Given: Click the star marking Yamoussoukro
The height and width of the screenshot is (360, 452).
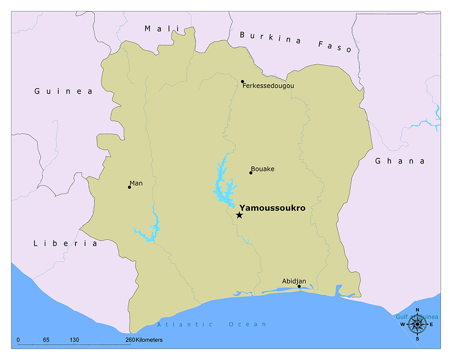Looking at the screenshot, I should (239, 215).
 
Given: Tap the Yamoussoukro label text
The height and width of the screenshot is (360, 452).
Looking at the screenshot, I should (272, 208).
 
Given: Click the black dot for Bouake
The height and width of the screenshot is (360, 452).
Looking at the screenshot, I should (251, 173).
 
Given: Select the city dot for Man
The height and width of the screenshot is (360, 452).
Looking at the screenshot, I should (129, 187).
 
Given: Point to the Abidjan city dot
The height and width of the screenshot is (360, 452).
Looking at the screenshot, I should (299, 286).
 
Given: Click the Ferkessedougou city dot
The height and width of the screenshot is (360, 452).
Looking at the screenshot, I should (242, 82).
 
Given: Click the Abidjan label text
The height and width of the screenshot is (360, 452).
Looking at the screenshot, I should (294, 281).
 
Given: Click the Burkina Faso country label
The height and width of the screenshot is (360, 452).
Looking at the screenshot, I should (296, 41).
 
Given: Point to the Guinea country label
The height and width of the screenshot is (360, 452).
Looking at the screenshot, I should (63, 91).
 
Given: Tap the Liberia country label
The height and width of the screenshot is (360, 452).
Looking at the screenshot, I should (65, 243).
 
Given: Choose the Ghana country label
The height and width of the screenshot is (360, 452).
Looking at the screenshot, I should (400, 161).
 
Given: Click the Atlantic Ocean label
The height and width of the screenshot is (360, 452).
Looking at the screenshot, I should (212, 324).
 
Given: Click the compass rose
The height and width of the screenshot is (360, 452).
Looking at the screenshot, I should (417, 324).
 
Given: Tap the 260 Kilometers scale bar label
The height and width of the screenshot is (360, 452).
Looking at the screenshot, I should (144, 340).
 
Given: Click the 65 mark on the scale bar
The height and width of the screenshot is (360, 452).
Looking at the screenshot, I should (46, 340).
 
